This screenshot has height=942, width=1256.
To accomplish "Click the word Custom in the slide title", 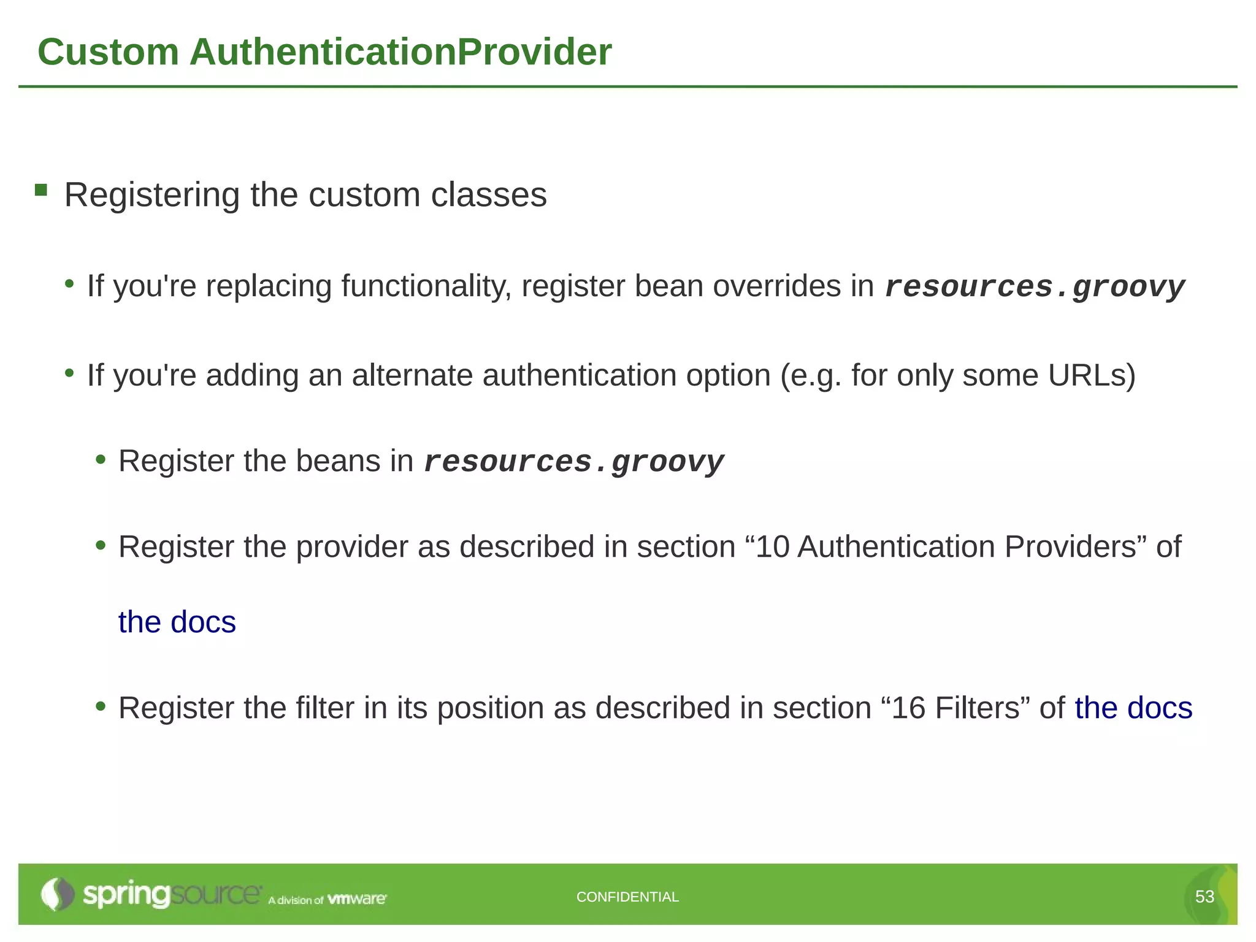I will click(108, 52).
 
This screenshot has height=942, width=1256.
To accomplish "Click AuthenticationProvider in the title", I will click(400, 52).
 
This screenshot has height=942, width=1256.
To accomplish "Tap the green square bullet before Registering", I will click(41, 190).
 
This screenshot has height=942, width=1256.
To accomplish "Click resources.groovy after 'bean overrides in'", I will click(1035, 288).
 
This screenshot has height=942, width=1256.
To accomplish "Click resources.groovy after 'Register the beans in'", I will click(574, 462).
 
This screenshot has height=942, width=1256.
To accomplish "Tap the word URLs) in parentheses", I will click(1092, 375).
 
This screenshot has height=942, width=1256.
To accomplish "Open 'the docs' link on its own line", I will click(177, 622).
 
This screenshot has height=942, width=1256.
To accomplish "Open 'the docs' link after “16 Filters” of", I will click(1133, 708).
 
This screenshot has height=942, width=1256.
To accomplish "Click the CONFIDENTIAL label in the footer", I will click(627, 897).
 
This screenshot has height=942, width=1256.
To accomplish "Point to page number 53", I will click(1204, 897).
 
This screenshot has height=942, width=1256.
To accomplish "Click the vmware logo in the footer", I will click(357, 899).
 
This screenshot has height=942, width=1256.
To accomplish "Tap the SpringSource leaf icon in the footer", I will click(56, 894).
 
